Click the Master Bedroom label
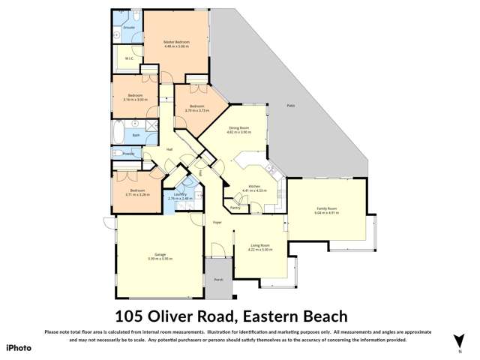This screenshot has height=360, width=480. (x=177, y=41)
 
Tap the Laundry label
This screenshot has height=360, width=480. (x=180, y=194)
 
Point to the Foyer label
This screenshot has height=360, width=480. (x=217, y=222)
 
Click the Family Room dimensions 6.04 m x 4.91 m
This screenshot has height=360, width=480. (x=327, y=213)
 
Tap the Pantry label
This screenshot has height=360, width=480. (x=235, y=208)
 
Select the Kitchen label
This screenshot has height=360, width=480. (x=253, y=187)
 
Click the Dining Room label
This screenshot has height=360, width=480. (x=240, y=128)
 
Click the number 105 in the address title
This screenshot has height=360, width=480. (x=132, y=316)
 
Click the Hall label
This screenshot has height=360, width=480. (x=170, y=149)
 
